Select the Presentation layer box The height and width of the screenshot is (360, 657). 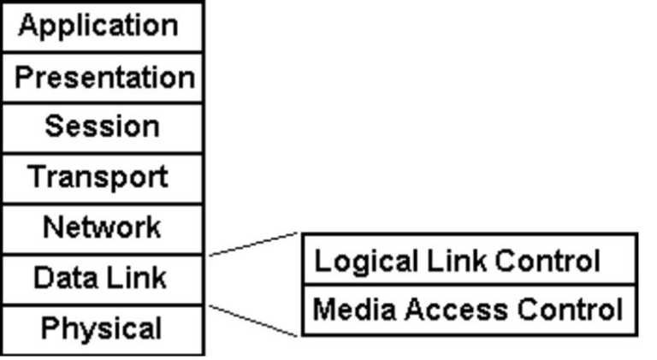(103, 78)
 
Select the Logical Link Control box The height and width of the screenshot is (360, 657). (470, 259)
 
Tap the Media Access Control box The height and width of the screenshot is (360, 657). (470, 309)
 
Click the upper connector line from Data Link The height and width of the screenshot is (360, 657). (252, 244)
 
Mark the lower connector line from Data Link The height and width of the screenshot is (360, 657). (252, 320)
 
